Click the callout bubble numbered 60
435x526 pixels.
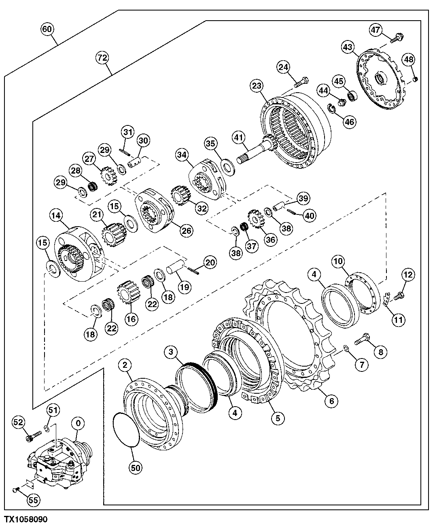tap(47, 29)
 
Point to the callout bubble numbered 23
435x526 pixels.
tap(257, 86)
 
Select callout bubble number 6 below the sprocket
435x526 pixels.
tap(331, 401)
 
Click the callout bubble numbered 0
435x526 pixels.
tap(78, 424)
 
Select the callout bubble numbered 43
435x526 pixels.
tap(347, 47)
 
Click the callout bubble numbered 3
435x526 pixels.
tap(172, 352)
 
